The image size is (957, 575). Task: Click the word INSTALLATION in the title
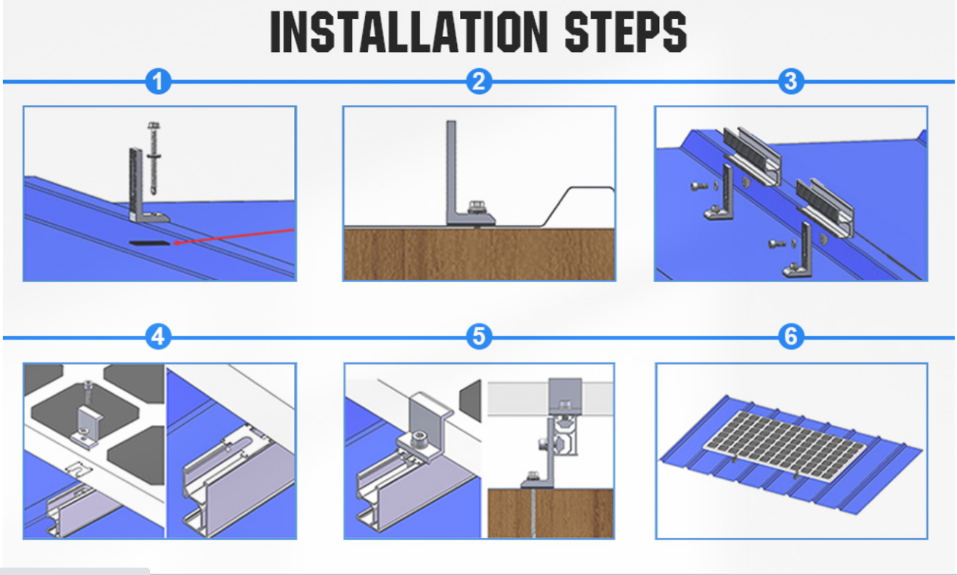[x=409, y=32]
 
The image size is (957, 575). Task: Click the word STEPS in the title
[x=626, y=32]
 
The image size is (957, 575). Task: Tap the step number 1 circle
[x=158, y=81]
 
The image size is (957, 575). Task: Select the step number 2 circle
[x=478, y=81]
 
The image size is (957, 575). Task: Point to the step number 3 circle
[x=791, y=81]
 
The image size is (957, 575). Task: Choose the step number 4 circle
[x=158, y=337]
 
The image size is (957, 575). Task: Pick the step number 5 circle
[x=478, y=337]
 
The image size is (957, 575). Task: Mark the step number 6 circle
[x=791, y=337]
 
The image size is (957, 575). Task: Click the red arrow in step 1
[x=233, y=236]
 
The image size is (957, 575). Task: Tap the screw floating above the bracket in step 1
[x=153, y=158]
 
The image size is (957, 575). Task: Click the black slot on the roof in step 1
[x=149, y=243]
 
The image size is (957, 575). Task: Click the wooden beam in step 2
[x=479, y=254]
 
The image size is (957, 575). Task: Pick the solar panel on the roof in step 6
[x=785, y=444]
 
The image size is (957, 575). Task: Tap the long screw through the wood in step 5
[x=534, y=513]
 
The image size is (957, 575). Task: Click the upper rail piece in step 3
[x=752, y=156]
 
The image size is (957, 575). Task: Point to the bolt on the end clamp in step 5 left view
[x=419, y=438]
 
